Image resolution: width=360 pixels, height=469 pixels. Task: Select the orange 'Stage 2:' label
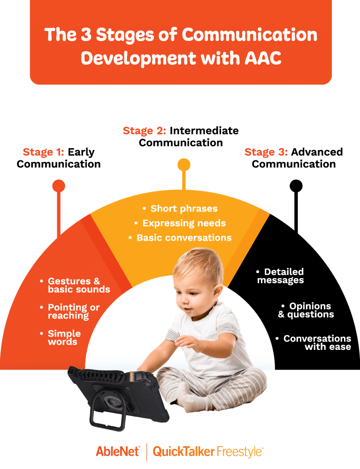tap(145, 131)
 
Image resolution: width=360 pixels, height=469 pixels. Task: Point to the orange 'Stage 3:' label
tap(266, 152)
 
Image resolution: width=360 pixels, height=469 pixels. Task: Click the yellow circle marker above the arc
tap(184, 165)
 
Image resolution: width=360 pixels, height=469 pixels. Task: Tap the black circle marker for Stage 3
tap(296, 186)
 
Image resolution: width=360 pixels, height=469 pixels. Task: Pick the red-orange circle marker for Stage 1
tap(59, 186)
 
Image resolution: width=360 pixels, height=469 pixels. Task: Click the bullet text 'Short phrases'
tap(184, 208)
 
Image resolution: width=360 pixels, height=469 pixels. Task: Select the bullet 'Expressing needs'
tap(184, 223)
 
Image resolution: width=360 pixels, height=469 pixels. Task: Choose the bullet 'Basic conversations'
tap(184, 237)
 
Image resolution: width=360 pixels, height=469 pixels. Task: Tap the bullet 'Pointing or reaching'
tap(73, 311)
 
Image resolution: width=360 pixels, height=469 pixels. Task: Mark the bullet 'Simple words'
tap(64, 338)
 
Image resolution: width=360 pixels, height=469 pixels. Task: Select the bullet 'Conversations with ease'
tap(317, 342)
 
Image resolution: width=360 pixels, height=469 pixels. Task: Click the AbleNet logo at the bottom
tap(118, 452)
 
